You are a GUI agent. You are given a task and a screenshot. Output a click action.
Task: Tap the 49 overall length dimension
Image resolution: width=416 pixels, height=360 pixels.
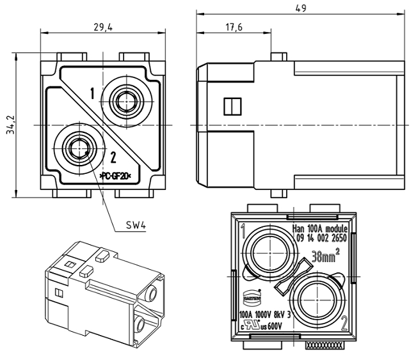(300, 8)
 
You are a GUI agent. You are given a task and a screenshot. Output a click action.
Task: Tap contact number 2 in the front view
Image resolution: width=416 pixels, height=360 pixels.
(113, 157)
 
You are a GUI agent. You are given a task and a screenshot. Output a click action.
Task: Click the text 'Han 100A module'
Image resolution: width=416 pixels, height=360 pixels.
(319, 228)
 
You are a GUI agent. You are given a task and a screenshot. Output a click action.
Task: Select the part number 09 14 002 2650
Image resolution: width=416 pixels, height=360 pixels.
(319, 237)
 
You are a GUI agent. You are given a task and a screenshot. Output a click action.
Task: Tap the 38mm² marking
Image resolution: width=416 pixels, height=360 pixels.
(325, 257)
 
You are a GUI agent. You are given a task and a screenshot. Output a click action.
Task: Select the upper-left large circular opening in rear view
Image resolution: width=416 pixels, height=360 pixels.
(266, 251)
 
